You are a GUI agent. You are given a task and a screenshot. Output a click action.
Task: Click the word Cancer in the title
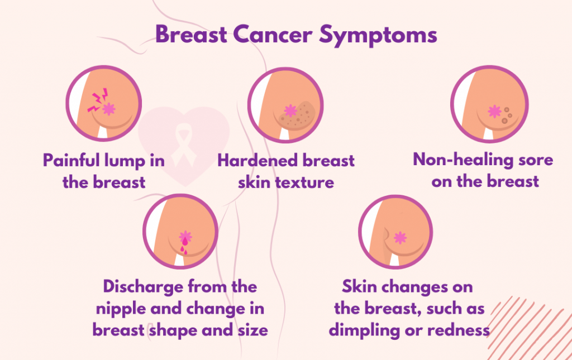[273, 35]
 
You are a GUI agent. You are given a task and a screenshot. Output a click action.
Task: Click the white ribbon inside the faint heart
[184, 145]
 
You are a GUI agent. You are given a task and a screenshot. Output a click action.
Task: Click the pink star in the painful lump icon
[109, 109]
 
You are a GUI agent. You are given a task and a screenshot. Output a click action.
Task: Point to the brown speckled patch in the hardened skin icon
[297, 116]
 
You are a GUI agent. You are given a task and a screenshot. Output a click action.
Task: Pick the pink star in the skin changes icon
[400, 238]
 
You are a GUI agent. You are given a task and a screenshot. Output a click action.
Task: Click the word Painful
[71, 160]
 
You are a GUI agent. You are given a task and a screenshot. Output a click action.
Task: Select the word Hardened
[258, 160]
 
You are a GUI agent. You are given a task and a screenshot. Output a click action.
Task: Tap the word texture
[304, 183]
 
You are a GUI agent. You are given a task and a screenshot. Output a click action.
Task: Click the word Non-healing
[463, 160]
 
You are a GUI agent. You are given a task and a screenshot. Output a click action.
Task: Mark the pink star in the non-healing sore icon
[494, 112]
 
